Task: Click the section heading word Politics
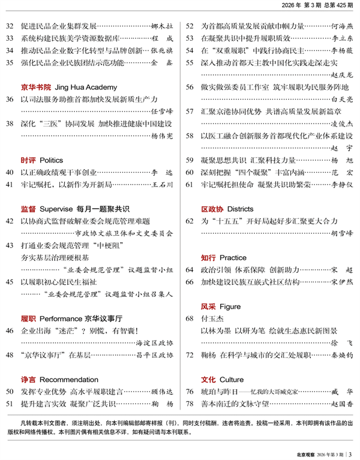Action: (52, 161)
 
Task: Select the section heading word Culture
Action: (232, 380)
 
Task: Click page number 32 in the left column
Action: (9, 26)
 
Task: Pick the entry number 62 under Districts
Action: (190, 222)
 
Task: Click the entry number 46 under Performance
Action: (9, 330)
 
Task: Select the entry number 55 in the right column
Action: (190, 62)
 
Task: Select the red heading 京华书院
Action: (35, 86)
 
